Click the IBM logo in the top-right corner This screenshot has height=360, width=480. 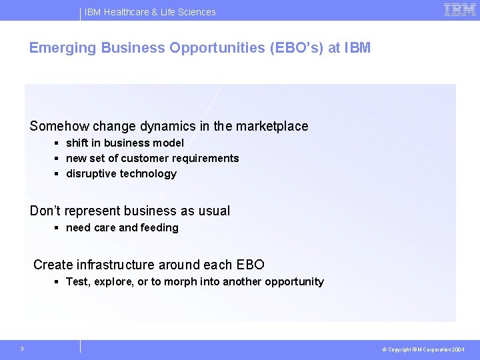coord(459,10)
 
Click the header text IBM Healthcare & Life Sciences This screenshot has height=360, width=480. coord(150,12)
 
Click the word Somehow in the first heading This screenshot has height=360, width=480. coord(59,126)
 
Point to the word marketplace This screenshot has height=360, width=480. coord(272,126)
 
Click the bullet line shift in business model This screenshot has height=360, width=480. coord(125,143)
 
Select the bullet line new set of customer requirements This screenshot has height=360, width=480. coord(152,158)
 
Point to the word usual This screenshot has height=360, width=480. coord(214,211)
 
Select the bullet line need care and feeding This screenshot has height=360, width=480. coord(122,227)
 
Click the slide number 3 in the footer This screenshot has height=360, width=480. coord(22,348)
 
